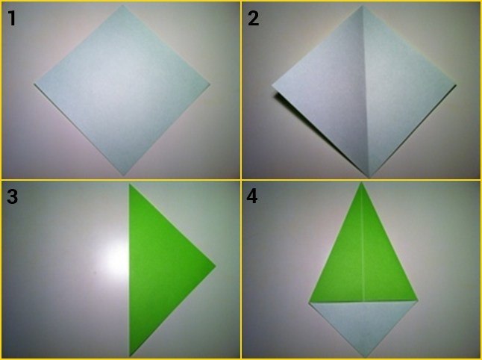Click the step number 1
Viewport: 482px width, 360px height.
click(12, 19)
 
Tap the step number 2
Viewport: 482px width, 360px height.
click(253, 19)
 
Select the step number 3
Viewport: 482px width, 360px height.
click(12, 196)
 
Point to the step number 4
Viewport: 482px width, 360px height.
click(251, 196)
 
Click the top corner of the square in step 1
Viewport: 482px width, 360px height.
click(123, 5)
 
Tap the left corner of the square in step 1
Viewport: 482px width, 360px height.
click(34, 84)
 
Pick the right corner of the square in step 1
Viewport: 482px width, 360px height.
click(210, 84)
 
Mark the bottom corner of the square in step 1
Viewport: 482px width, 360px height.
click(124, 176)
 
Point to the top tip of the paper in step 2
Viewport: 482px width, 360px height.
click(362, 5)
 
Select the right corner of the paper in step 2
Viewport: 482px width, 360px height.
click(456, 85)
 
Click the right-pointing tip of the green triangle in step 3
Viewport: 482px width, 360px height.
click(216, 266)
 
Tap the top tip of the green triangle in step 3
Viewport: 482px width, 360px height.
click(129, 184)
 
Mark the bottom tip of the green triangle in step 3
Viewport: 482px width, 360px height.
click(130, 356)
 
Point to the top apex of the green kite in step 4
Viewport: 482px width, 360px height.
click(362, 182)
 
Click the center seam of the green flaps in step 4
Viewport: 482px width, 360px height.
click(363, 242)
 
